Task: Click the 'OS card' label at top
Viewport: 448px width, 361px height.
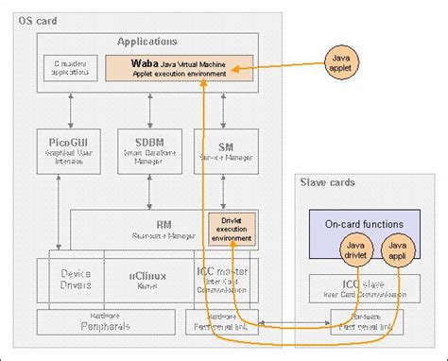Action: pos(39,19)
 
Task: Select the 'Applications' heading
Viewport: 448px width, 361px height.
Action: pos(146,43)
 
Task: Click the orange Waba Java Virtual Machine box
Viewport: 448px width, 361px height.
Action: pos(179,67)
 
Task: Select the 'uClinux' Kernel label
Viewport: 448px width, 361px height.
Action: pos(147,275)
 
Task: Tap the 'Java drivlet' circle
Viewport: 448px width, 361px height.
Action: pos(353,252)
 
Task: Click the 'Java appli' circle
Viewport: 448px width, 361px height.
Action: pos(398,252)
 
